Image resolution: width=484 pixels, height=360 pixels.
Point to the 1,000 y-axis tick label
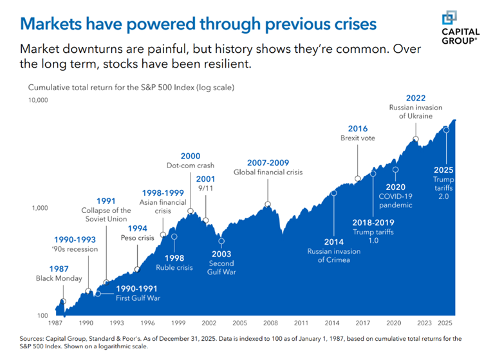(x=39, y=207)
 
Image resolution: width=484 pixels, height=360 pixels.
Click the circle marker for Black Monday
(x=63, y=301)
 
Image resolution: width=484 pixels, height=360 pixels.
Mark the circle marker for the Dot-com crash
(x=191, y=211)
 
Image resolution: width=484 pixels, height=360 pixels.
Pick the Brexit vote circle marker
(x=357, y=179)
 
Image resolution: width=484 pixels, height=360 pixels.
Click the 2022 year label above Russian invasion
(x=416, y=98)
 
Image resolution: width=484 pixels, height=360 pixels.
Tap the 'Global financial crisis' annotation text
(x=268, y=172)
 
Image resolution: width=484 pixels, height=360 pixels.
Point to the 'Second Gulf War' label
(x=221, y=268)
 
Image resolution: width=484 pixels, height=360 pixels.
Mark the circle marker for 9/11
(x=206, y=220)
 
